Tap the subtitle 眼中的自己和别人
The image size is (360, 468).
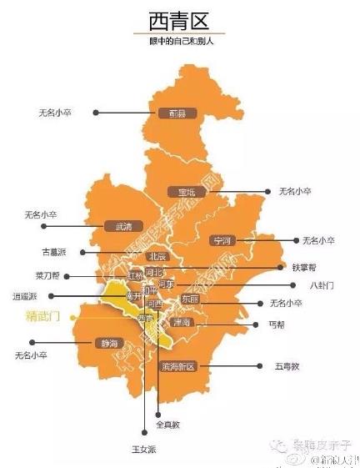click(180, 42)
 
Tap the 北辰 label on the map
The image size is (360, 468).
click(158, 256)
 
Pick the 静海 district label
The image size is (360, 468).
click(112, 343)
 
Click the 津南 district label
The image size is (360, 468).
click(182, 322)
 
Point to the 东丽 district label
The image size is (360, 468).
click(190, 299)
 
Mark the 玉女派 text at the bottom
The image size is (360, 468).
click(145, 450)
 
